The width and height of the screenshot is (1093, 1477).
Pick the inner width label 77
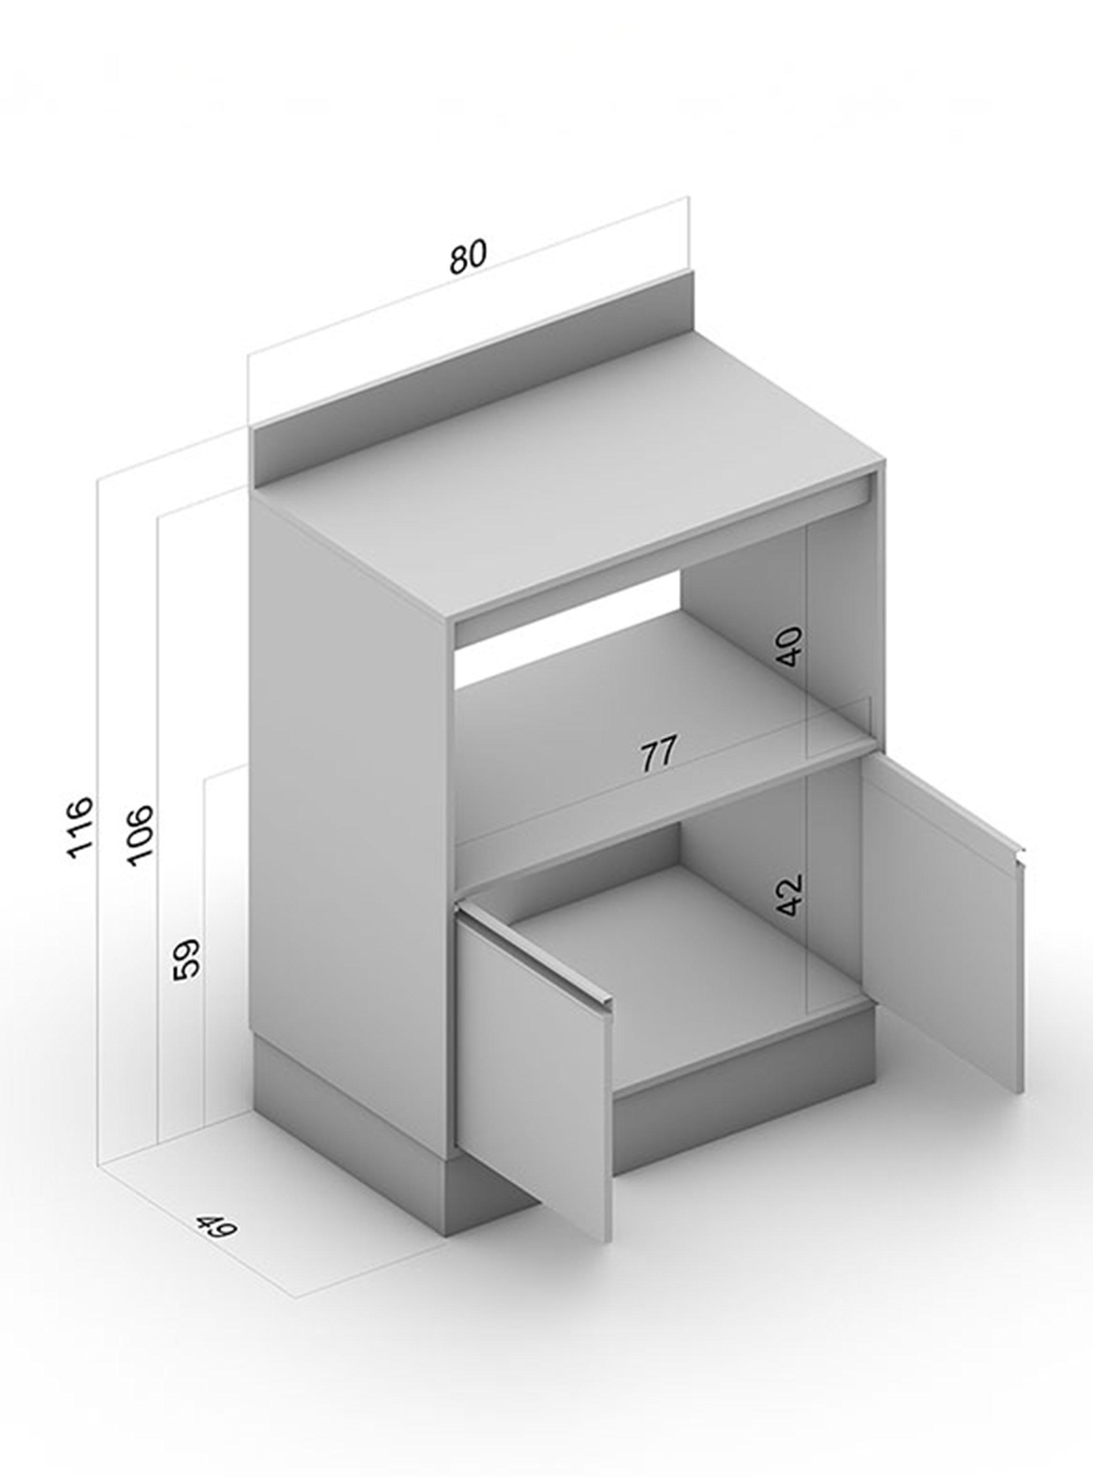pyautogui.click(x=659, y=754)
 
